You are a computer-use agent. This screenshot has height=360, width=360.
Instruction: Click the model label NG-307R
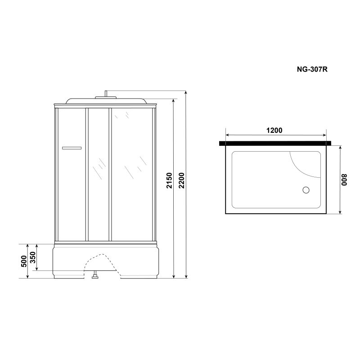311,70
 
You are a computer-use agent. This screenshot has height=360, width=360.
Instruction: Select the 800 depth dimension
344,180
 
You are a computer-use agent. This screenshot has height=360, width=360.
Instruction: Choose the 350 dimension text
33,258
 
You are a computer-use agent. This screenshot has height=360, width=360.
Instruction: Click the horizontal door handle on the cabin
71,148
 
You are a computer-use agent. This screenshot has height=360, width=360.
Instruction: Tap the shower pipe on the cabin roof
106,94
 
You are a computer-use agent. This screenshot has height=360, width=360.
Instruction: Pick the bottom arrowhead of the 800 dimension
340,212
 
